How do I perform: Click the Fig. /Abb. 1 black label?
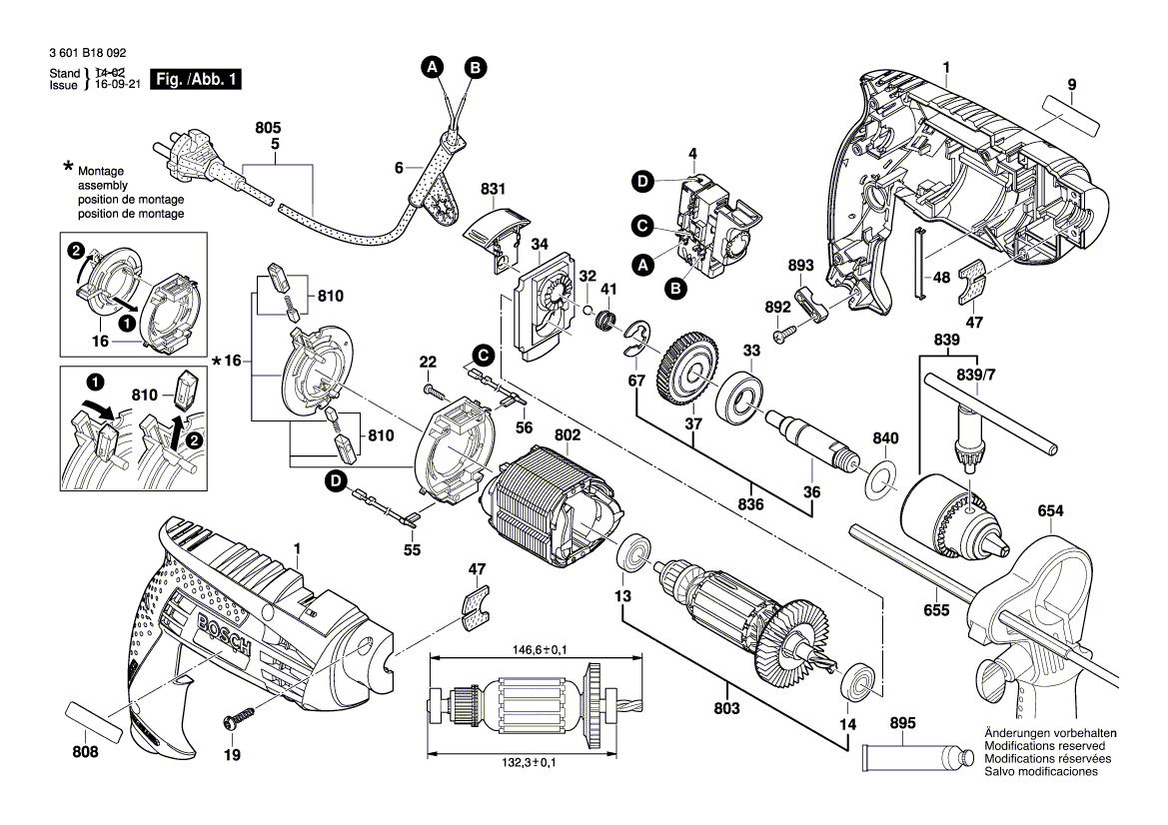(196, 79)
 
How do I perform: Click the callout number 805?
(268, 129)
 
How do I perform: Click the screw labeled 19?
(237, 718)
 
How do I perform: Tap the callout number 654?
(1050, 511)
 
